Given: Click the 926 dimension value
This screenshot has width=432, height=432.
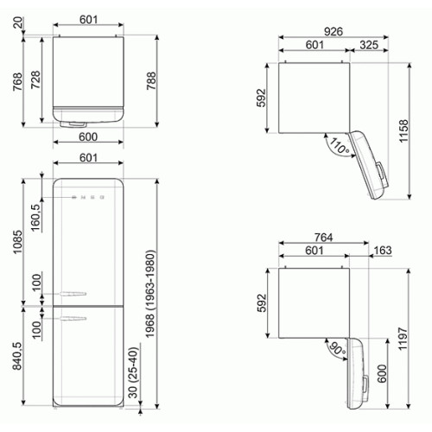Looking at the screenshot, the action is tap(334, 31).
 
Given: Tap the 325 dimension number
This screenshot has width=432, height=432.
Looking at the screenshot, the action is tap(369, 45).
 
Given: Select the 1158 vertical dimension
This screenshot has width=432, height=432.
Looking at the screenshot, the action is tap(403, 131).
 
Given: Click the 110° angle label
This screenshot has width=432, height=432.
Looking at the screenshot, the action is tap(340, 145).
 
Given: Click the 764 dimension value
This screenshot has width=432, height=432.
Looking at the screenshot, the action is tap(323, 238).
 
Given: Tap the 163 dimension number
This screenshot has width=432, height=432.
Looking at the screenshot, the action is tap(383, 251).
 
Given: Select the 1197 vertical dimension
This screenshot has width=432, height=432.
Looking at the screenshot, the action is tap(403, 339).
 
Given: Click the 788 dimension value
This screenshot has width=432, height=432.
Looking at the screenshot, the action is tap(151, 81).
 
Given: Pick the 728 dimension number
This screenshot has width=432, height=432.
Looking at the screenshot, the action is tap(35, 79).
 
